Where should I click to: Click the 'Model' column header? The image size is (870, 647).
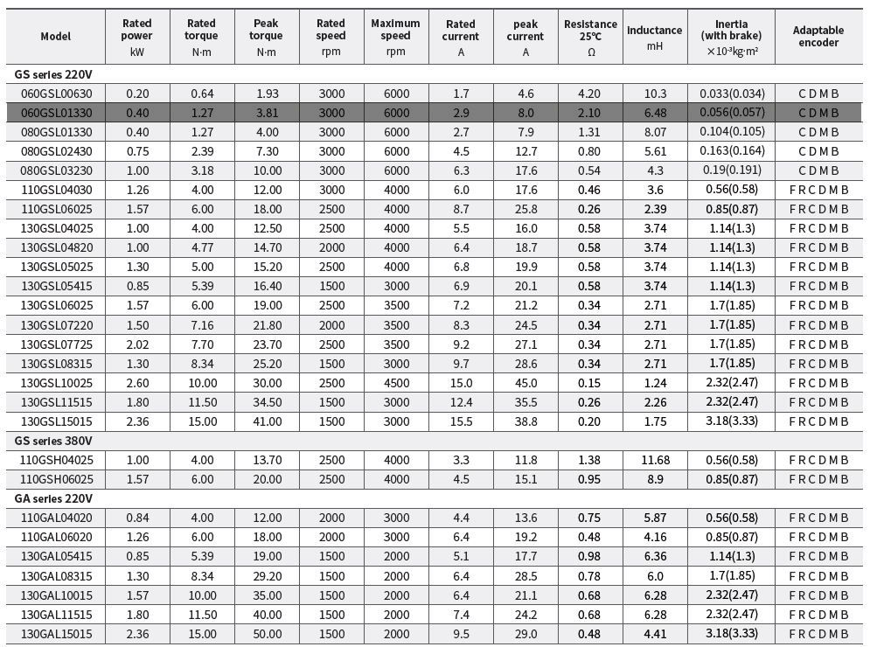point(56,36)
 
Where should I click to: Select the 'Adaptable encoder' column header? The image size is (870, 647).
point(818,36)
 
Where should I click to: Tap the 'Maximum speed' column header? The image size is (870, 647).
point(395,36)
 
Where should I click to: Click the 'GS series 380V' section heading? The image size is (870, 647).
point(53,441)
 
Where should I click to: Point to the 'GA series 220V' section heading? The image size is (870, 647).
point(53,498)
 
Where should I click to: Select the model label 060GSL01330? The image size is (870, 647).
point(56,113)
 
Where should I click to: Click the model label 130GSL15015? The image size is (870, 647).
point(56,421)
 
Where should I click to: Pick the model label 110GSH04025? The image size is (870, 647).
point(56,460)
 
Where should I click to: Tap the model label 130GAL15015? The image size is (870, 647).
point(56,633)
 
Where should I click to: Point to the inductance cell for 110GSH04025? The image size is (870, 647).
point(655,460)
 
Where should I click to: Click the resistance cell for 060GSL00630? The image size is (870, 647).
point(590,94)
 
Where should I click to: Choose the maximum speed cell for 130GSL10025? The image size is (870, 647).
point(395,383)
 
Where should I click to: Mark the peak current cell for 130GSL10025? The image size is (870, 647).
point(525,383)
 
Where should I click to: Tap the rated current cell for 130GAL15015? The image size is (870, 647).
point(461,633)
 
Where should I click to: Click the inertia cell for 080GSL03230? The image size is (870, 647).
point(731,170)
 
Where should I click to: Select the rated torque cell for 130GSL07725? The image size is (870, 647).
point(201,344)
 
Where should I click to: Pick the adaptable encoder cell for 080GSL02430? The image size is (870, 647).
point(818,151)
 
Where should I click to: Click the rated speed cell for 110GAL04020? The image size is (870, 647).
point(331,518)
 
